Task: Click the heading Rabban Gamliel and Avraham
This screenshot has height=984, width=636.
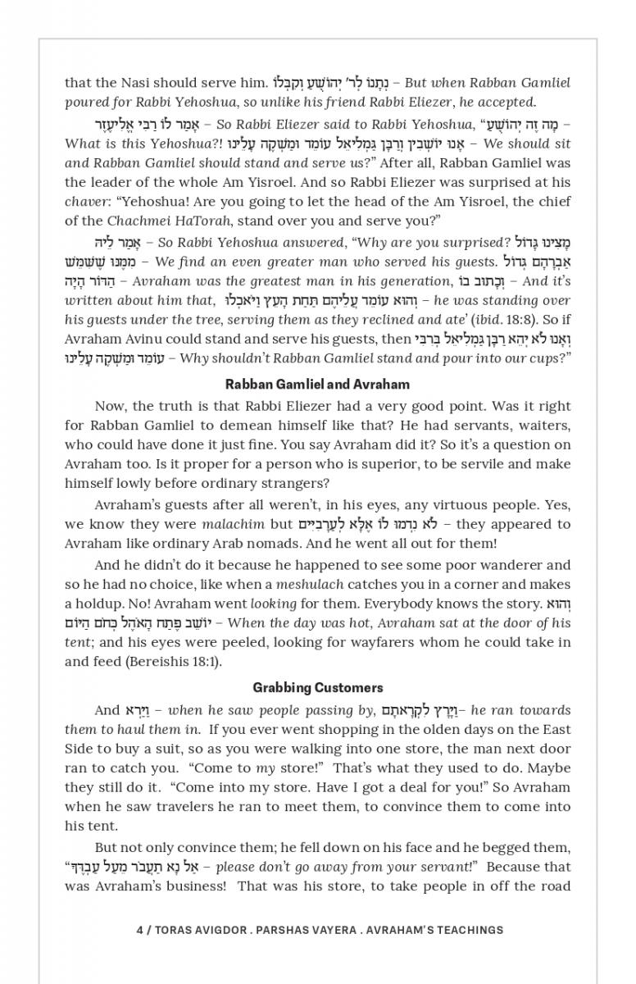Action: (317, 384)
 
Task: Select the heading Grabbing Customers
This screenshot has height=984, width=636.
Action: (317, 687)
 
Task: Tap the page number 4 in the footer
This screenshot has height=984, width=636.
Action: (140, 930)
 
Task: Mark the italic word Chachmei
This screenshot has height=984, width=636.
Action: (137, 221)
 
